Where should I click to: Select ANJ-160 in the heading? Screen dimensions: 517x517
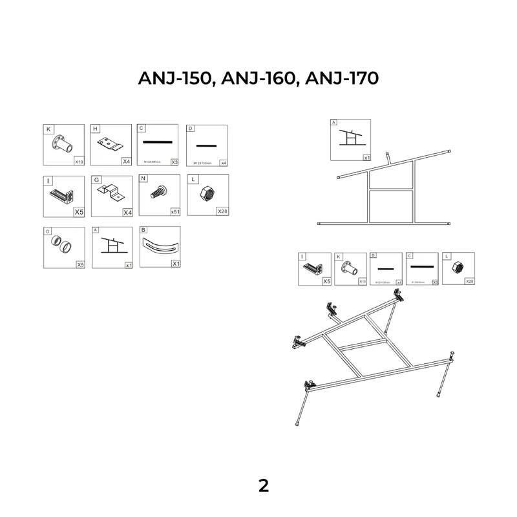pos(257,78)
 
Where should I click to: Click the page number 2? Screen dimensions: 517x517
pos(263,486)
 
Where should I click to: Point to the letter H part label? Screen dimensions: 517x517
pos(96,129)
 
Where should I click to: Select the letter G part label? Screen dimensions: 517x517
pos(96,180)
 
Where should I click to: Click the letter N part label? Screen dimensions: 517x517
pos(143,179)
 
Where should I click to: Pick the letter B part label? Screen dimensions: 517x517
pos(143,230)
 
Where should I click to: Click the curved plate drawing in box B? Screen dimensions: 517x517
pos(158,247)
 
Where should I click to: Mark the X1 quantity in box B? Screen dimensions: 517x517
pos(174,264)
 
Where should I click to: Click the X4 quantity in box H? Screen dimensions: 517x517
pos(126,161)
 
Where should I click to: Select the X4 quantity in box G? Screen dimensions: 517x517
pos(126,212)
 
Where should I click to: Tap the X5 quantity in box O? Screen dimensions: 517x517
pos(79,264)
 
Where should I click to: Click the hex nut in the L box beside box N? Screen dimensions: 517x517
pos(208,193)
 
